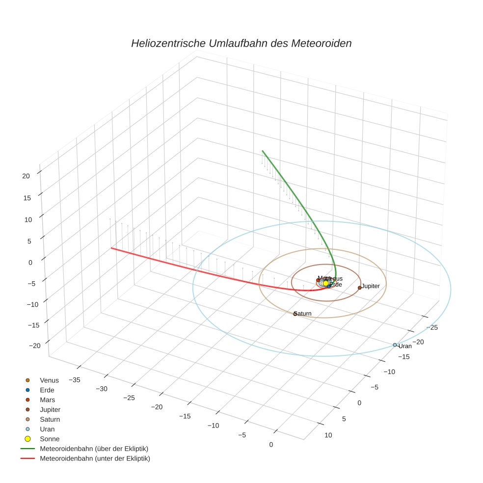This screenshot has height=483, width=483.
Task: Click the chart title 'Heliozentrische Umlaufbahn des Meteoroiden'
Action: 241,43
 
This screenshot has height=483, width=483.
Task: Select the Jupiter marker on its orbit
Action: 360,288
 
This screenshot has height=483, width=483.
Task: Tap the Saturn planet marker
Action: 295,314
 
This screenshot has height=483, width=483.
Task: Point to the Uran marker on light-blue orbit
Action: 395,345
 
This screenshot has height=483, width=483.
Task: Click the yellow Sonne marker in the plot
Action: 325,283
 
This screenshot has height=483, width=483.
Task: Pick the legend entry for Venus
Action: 49,380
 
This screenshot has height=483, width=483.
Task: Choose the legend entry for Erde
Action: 47,390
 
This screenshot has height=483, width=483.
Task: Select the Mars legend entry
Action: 47,400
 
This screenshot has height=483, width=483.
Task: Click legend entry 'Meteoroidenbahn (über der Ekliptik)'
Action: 94,449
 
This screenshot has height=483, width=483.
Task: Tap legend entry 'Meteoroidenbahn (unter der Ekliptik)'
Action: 95,458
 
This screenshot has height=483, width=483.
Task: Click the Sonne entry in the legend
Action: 50,439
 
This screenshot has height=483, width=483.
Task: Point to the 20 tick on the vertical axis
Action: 27,176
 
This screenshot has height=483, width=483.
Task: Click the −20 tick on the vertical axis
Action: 35,346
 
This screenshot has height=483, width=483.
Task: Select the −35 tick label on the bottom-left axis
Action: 75,379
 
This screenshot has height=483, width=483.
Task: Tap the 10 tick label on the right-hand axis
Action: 328,435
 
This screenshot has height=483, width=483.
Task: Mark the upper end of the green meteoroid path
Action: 262,151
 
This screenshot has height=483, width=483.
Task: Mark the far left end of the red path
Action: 111,248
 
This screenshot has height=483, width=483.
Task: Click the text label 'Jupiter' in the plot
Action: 371,286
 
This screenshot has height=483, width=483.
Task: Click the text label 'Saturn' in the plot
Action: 303,314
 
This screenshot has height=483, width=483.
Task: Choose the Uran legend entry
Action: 47,429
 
